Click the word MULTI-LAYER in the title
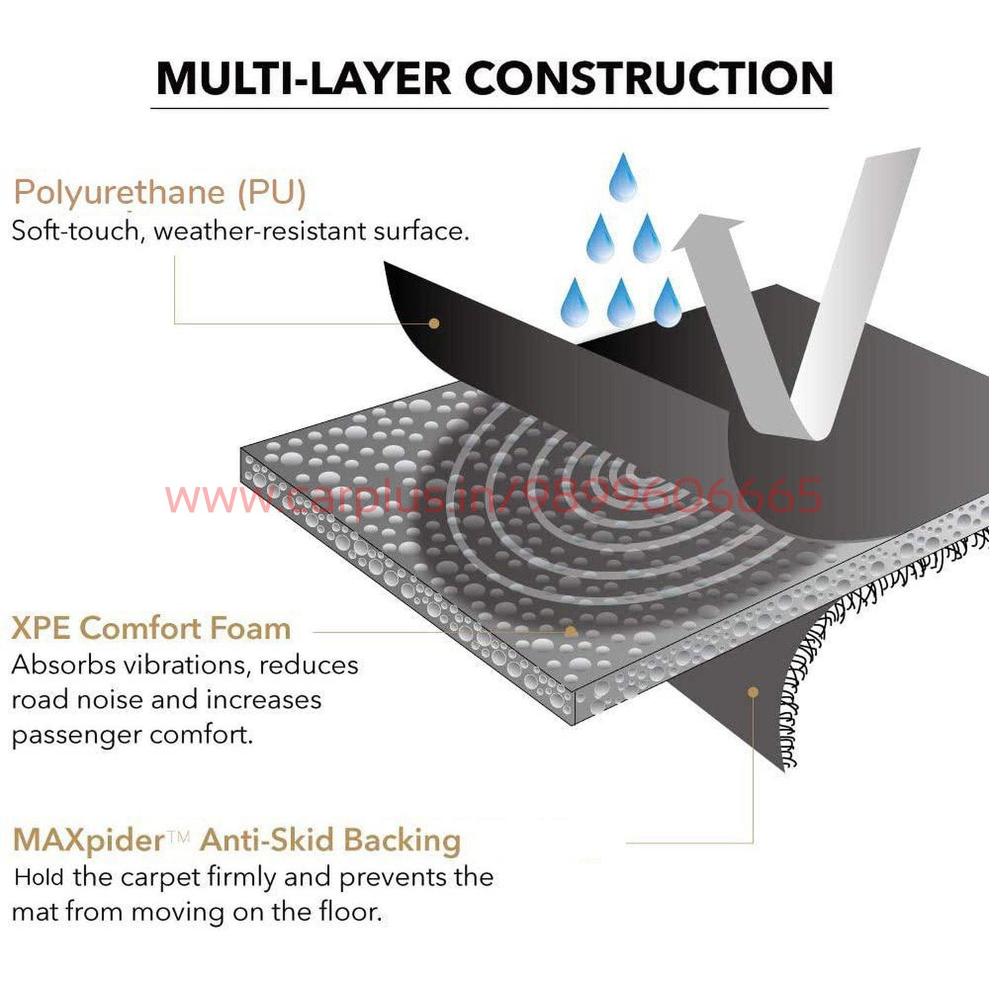pyautogui.click(x=303, y=79)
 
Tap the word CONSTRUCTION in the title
pyautogui.click(x=649, y=79)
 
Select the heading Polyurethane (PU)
pyautogui.click(x=159, y=192)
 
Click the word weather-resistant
pyautogui.click(x=260, y=231)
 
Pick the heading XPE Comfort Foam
pyautogui.click(x=151, y=628)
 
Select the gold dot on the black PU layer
pyautogui.click(x=433, y=323)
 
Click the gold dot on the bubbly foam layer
pyautogui.click(x=570, y=631)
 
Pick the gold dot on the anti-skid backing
pyautogui.click(x=753, y=692)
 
